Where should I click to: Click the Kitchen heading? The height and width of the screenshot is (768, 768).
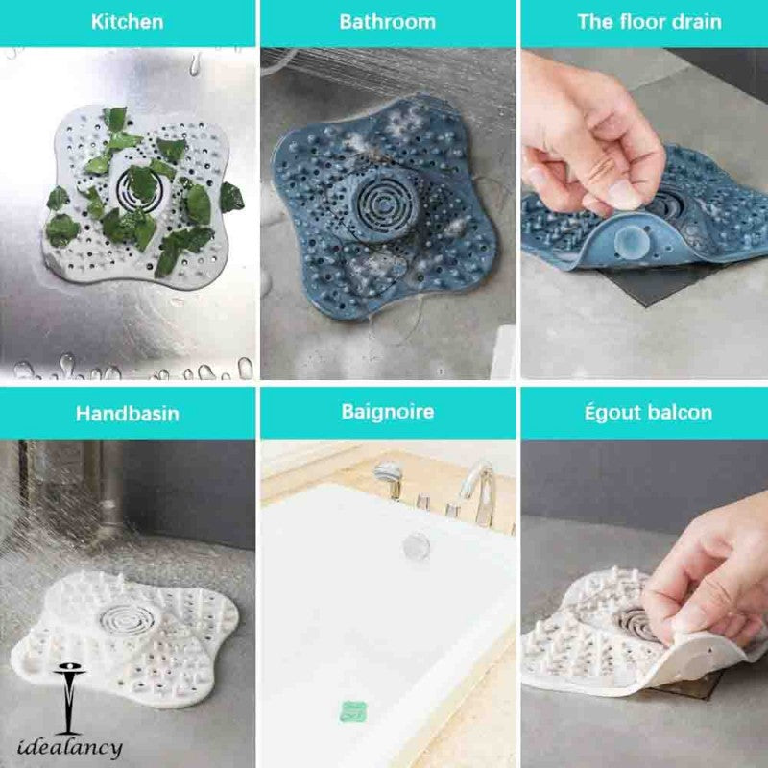[x=127, y=22]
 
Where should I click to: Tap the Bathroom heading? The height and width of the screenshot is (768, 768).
[x=387, y=22]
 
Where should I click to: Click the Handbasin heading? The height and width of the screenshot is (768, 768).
[x=127, y=415]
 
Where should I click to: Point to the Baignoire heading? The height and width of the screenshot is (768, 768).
[x=387, y=413]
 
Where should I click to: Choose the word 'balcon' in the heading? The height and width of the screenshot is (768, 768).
[x=677, y=413]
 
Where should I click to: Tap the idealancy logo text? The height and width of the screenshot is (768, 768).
[x=69, y=746]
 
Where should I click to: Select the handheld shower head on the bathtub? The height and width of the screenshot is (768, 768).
[x=388, y=473]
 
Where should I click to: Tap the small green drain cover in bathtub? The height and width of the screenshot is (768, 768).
[x=354, y=711]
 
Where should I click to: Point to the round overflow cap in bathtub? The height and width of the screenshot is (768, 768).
[x=416, y=545]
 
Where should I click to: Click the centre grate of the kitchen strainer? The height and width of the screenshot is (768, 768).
[x=140, y=183]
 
